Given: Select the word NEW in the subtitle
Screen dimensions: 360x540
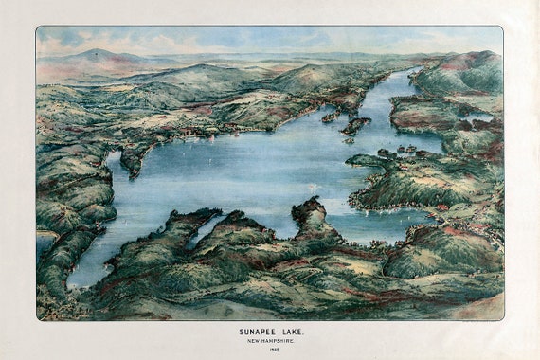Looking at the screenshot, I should [251, 340].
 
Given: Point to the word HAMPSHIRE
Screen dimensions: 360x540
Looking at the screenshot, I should [279, 340].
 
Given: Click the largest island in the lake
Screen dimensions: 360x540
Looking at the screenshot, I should [355, 124].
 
